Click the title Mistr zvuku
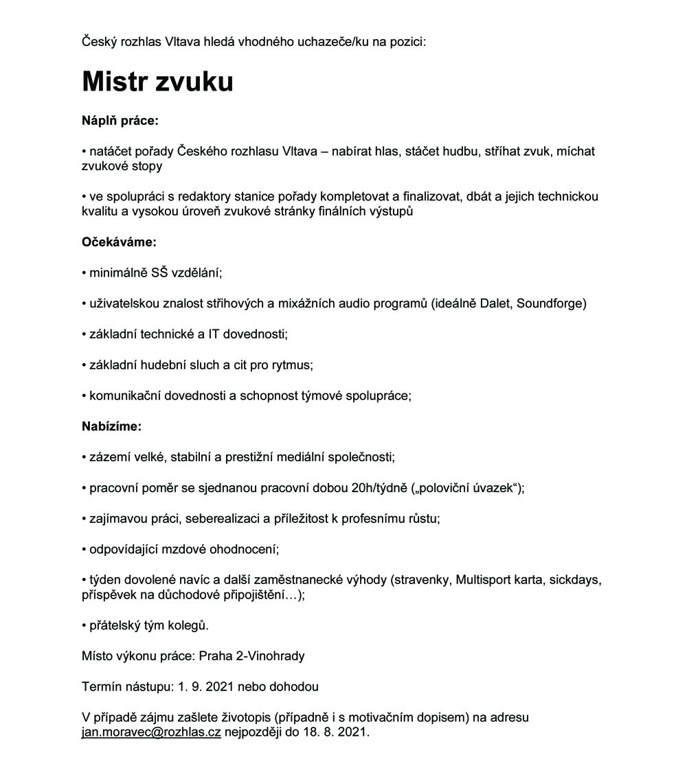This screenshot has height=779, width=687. pos(157,82)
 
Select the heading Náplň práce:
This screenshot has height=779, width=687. pos(120,121)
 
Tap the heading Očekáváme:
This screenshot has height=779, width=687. pos(119,242)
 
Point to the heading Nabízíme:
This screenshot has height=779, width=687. pos(111,426)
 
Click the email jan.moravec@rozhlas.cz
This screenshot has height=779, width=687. pos(151,732)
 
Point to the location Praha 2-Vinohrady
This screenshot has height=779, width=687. pos(251,655)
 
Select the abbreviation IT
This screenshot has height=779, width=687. pos(216,334)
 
